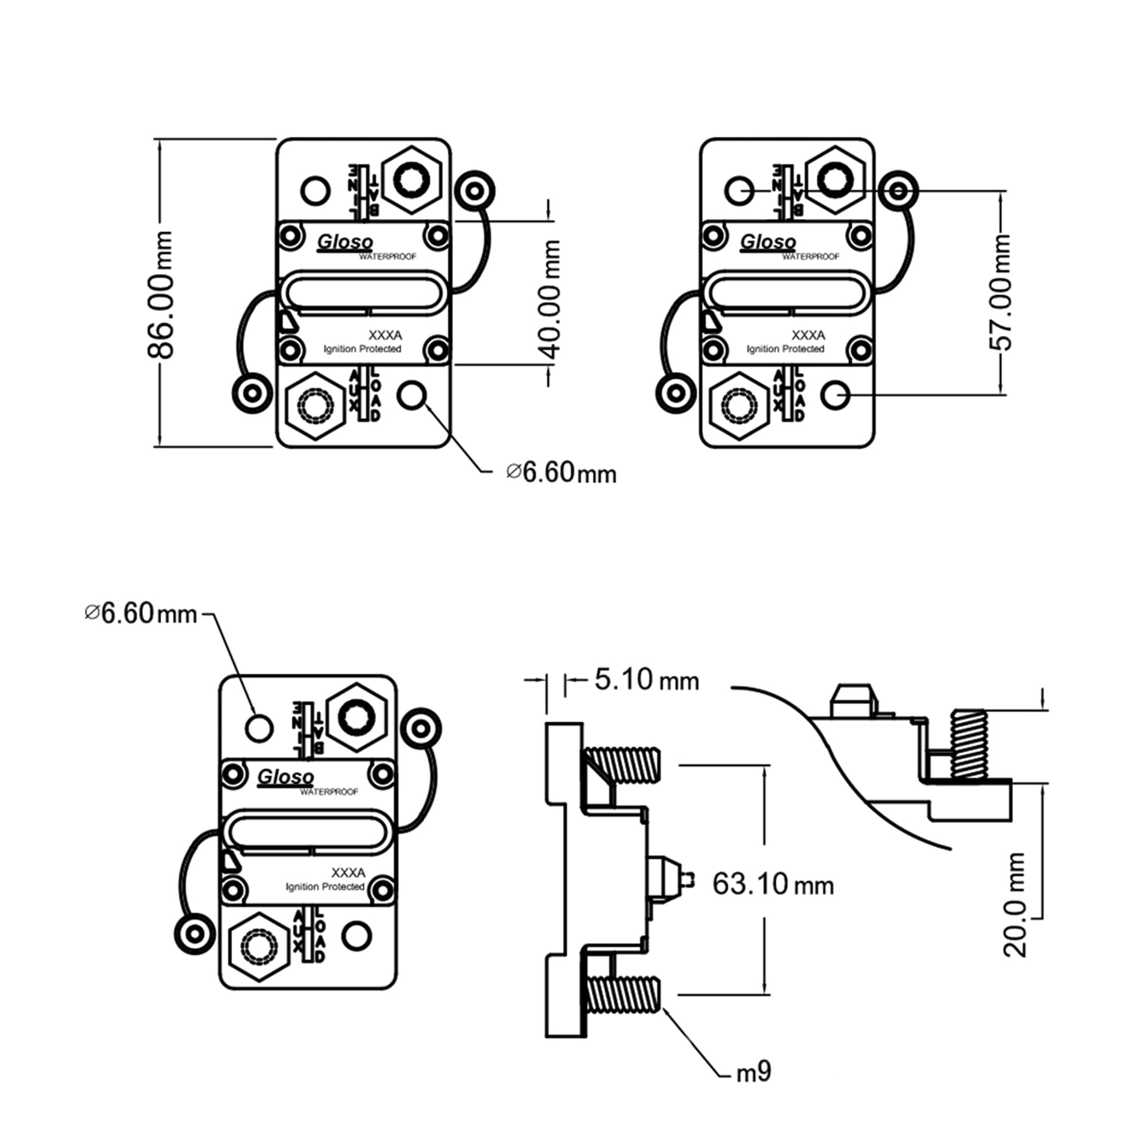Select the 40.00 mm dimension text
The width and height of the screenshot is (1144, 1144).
click(550, 299)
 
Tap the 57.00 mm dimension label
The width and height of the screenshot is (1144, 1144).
click(1000, 292)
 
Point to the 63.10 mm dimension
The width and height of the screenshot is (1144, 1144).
click(772, 885)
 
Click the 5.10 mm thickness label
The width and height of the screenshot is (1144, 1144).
click(646, 680)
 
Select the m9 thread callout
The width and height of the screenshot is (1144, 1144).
click(753, 1072)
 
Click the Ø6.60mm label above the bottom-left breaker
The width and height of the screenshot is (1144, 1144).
click(141, 613)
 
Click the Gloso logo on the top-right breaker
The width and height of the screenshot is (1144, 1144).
click(768, 242)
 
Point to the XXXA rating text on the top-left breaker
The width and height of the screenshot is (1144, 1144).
click(385, 335)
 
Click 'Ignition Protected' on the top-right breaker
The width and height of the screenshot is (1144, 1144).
click(785, 349)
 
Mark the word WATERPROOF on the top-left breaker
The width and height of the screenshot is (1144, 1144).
click(387, 257)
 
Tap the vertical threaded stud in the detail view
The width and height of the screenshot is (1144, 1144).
click(968, 744)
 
